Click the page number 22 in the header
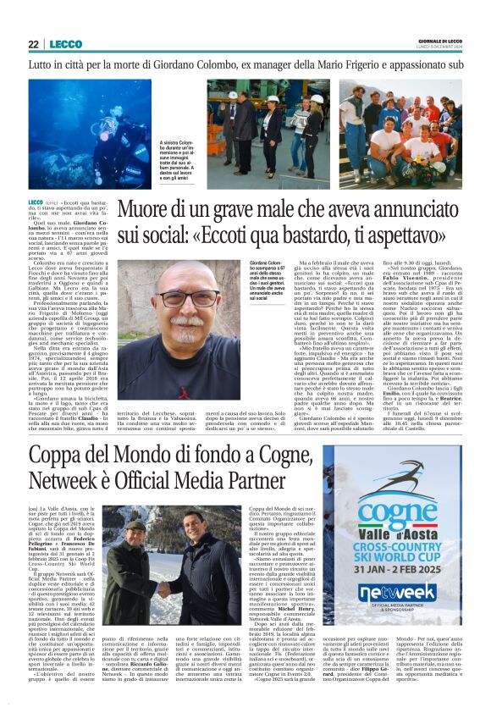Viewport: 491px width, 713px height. [x=33, y=44]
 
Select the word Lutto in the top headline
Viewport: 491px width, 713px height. [x=40, y=64]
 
